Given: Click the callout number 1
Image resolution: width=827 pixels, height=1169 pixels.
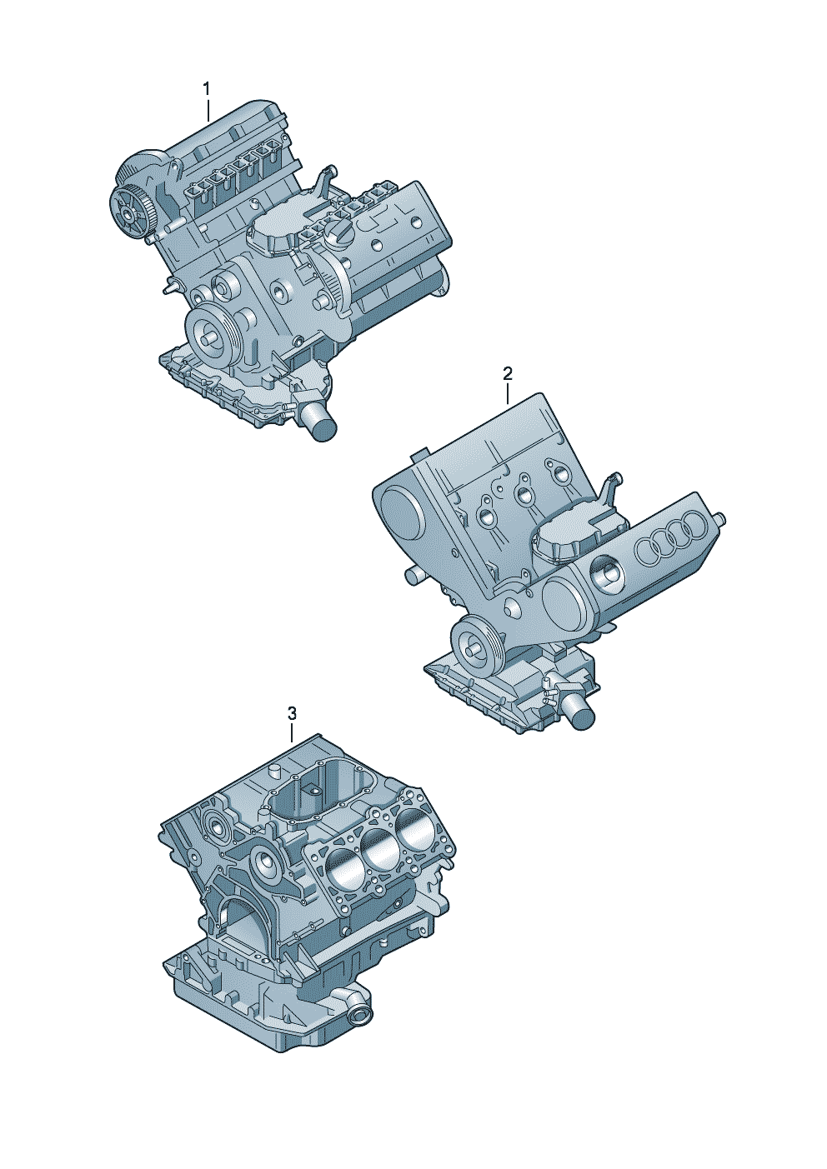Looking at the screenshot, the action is click(208, 88).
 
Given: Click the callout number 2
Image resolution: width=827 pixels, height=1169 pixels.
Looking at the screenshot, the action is click(508, 373).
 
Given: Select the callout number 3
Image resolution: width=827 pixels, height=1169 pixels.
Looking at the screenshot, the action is click(292, 712).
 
